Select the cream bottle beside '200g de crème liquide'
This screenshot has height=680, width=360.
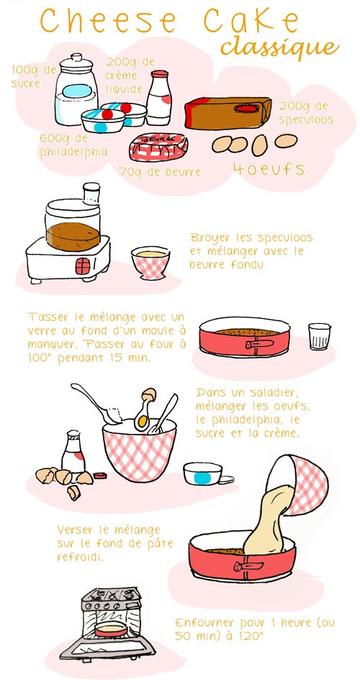(160, 97)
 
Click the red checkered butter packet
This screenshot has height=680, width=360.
(158, 147)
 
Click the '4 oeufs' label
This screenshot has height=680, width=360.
(269, 170)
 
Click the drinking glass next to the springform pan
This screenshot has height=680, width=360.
(318, 336)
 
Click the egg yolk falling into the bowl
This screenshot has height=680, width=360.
(144, 421)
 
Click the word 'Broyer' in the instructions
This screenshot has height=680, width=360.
(207, 237)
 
